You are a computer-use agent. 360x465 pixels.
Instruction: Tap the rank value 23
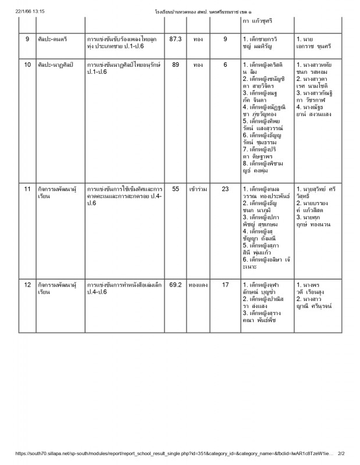click(x=226, y=189)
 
